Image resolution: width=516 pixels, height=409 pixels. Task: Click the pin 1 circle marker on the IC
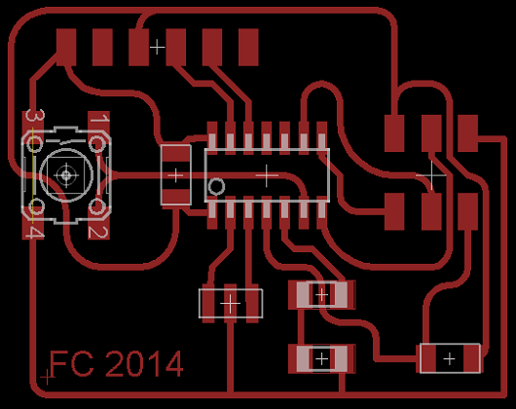(216, 187)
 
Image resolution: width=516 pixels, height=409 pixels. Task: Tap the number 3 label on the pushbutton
(35, 116)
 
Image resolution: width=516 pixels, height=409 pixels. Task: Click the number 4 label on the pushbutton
(35, 233)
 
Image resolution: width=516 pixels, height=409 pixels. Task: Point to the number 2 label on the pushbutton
(98, 233)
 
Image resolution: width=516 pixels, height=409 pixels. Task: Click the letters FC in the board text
(71, 363)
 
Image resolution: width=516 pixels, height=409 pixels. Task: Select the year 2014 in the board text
(144, 363)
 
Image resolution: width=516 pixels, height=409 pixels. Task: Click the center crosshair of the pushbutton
(66, 175)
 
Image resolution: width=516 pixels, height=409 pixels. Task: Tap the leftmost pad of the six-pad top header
(66, 47)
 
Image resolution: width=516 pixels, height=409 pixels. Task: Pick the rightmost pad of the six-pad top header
(248, 47)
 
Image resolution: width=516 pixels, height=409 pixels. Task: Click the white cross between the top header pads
(158, 47)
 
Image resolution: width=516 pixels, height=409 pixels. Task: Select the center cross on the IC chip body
(267, 175)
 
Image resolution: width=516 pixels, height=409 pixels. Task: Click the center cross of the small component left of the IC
(175, 175)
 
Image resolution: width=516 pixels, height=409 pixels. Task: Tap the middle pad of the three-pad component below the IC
(231, 303)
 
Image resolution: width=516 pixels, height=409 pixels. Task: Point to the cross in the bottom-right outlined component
(450, 358)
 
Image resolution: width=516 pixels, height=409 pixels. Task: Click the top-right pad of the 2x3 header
(467, 133)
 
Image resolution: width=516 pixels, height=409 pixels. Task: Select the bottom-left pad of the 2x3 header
(394, 211)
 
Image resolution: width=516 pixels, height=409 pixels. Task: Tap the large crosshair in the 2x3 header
(431, 175)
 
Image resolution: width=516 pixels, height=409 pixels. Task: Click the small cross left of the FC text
(47, 377)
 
